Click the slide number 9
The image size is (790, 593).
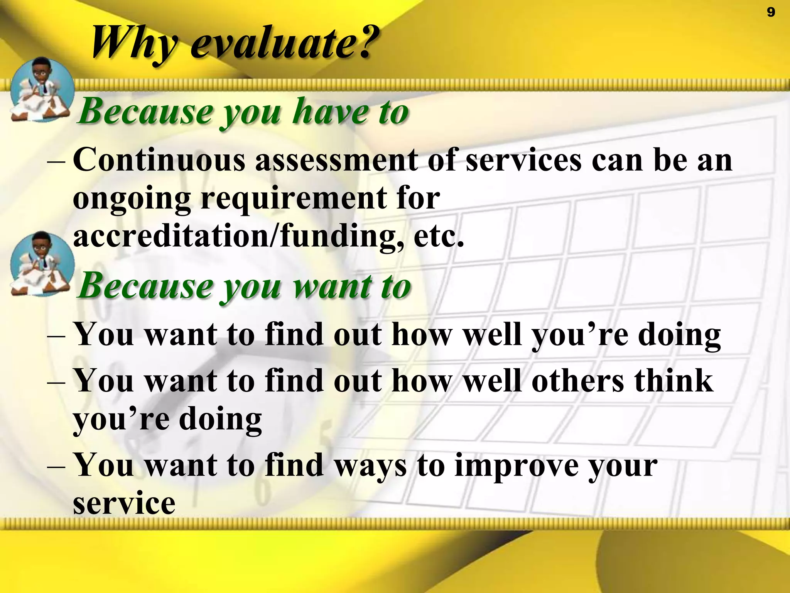point(771,12)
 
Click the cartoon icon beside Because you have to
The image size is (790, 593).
point(42,90)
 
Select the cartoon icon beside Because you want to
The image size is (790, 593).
point(42,264)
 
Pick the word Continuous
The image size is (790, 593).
point(159,160)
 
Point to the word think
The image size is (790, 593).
point(674,381)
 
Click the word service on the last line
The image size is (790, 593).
point(124,503)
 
